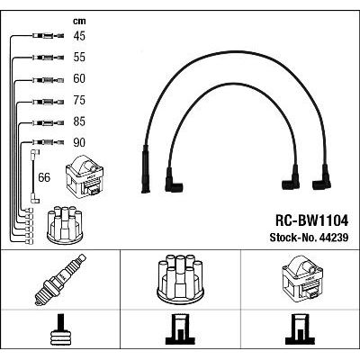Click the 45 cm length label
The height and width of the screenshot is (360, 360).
pyautogui.click(x=79, y=36)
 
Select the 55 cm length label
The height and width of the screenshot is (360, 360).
pyautogui.click(x=79, y=57)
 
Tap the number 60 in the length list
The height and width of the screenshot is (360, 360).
pyautogui.click(x=79, y=78)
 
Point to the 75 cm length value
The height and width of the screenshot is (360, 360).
pyautogui.click(x=79, y=100)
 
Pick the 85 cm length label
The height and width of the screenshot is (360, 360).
pyautogui.click(x=79, y=121)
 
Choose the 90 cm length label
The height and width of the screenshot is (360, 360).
pyautogui.click(x=79, y=142)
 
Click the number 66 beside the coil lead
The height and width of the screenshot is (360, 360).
pyautogui.click(x=44, y=177)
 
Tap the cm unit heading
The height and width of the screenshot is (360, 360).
pyautogui.click(x=79, y=21)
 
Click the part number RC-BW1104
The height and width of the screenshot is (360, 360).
pyautogui.click(x=311, y=221)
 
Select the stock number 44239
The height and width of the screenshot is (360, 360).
pyautogui.click(x=309, y=238)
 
